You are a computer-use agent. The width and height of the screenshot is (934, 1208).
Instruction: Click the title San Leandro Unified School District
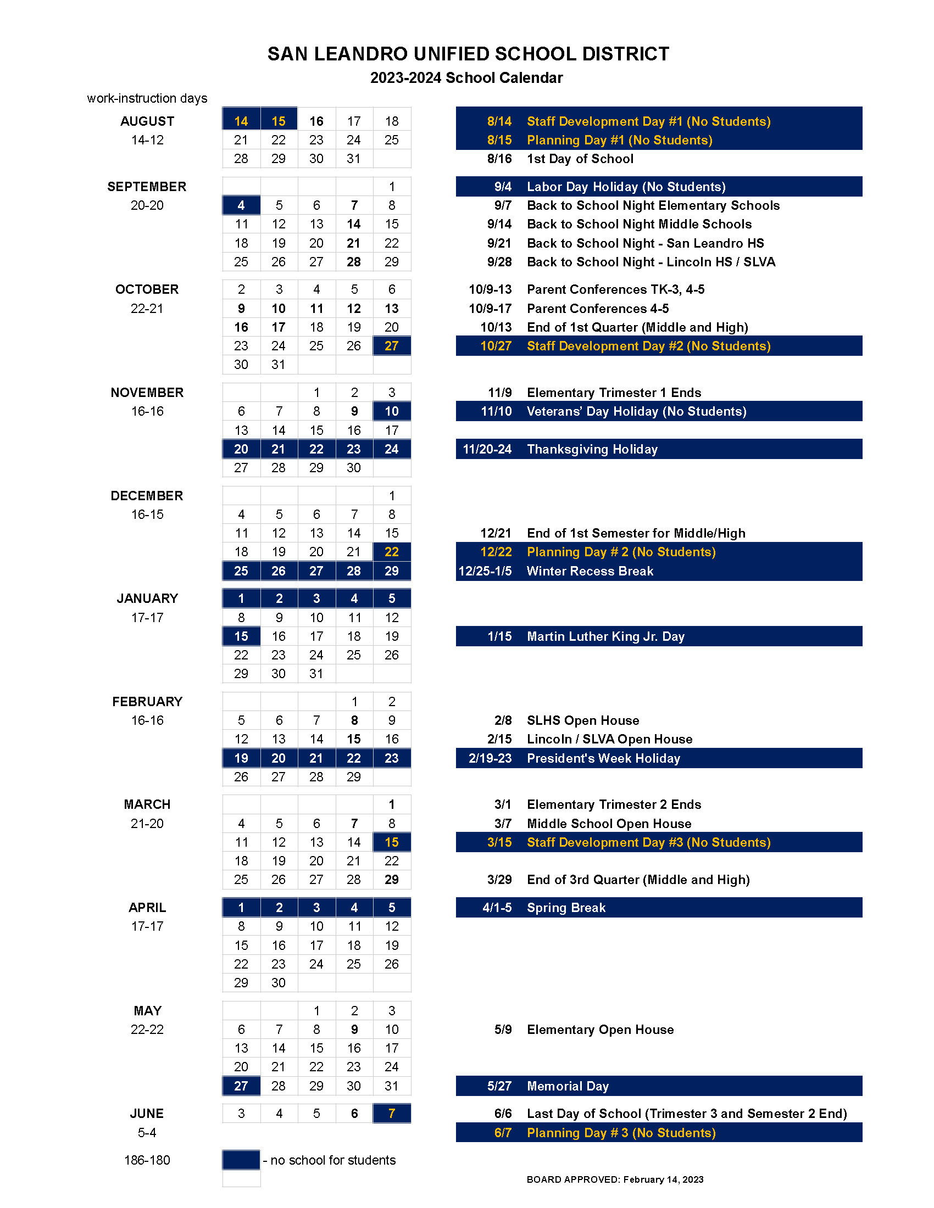pyautogui.click(x=468, y=54)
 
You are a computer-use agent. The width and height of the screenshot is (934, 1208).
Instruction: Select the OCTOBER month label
pyautogui.click(x=147, y=289)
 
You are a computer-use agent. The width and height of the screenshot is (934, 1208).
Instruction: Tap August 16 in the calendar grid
pyautogui.click(x=316, y=121)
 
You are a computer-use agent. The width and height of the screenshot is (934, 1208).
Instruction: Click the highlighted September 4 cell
pyautogui.click(x=241, y=205)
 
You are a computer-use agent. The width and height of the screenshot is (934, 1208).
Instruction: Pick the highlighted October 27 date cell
pyautogui.click(x=391, y=346)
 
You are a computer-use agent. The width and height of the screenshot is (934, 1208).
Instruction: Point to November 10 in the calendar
pyautogui.click(x=391, y=411)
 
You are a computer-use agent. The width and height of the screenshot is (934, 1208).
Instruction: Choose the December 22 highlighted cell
pyautogui.click(x=391, y=551)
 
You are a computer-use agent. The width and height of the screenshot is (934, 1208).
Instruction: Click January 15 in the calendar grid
pyautogui.click(x=241, y=636)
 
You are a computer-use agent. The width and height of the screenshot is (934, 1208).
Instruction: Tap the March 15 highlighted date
pyautogui.click(x=391, y=842)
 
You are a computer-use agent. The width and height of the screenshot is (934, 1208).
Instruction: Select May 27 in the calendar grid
pyautogui.click(x=241, y=1086)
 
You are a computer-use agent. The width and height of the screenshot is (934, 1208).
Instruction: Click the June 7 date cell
pyautogui.click(x=391, y=1114)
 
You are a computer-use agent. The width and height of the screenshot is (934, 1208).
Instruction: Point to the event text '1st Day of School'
pyautogui.click(x=580, y=159)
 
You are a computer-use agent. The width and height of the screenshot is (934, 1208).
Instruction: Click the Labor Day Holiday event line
pyautogui.click(x=626, y=187)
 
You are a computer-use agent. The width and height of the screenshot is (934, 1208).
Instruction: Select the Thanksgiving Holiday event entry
pyautogui.click(x=592, y=449)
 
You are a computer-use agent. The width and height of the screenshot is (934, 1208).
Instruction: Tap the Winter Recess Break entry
pyautogui.click(x=590, y=571)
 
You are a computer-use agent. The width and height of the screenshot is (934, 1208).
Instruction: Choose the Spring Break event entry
pyautogui.click(x=566, y=908)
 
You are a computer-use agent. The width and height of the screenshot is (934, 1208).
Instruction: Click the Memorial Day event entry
pyautogui.click(x=568, y=1086)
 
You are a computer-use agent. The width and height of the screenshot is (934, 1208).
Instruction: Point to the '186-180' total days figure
pyautogui.click(x=147, y=1160)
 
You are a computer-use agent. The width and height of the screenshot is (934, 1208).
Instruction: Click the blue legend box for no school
pyautogui.click(x=241, y=1160)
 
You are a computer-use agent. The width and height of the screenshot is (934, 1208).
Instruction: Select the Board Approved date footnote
pyautogui.click(x=615, y=1179)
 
